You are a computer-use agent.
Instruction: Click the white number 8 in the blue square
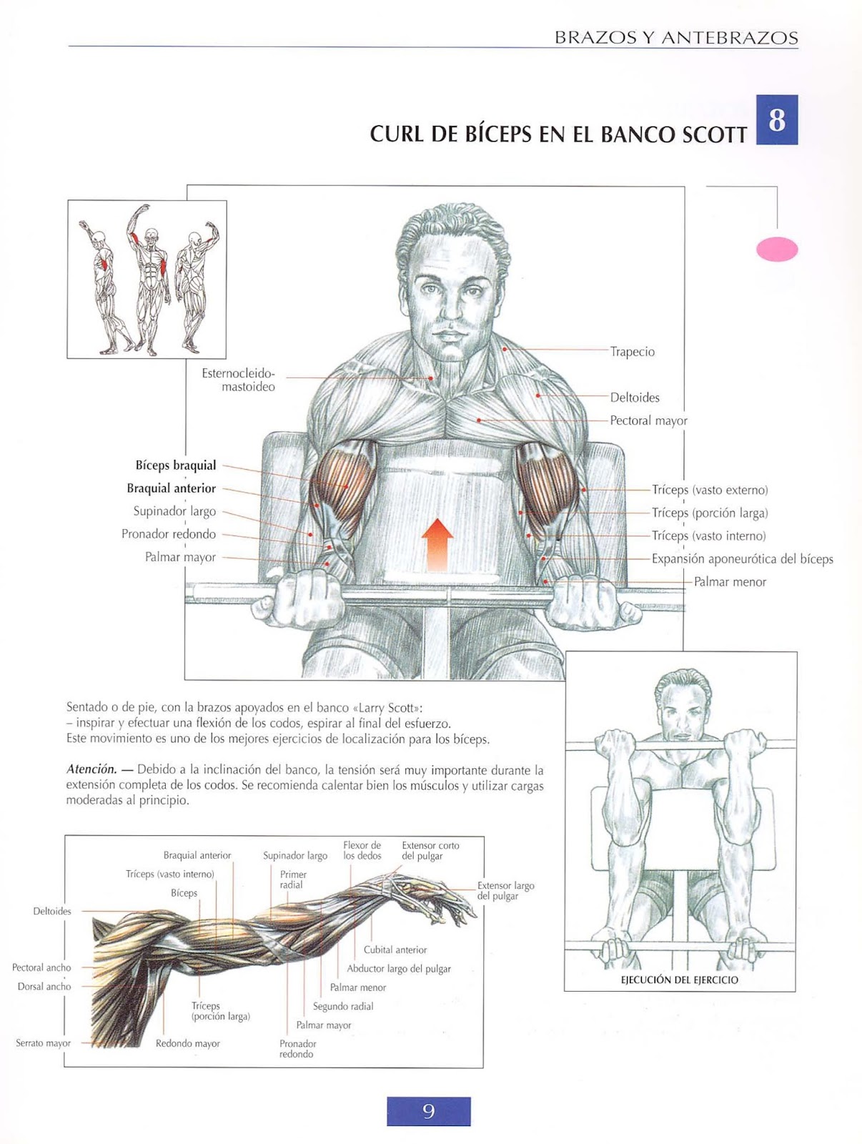776,120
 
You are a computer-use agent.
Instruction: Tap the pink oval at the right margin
776,249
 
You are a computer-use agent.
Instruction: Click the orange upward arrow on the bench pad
437,545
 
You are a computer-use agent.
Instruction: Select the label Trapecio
633,352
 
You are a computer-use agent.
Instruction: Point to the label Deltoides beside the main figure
635,398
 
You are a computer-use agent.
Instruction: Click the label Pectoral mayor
648,420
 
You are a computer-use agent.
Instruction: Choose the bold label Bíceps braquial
176,465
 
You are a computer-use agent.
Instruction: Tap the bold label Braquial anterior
172,488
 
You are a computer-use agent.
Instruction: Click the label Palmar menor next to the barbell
730,582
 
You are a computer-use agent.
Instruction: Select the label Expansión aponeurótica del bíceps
742,559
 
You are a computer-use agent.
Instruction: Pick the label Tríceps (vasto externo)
710,490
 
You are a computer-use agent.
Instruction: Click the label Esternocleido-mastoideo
239,380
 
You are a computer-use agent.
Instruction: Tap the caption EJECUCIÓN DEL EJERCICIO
679,980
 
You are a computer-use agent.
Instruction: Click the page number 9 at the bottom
428,1111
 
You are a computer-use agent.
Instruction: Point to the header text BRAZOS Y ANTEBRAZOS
676,38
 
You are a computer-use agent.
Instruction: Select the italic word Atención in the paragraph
91,769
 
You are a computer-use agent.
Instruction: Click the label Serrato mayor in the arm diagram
43,1043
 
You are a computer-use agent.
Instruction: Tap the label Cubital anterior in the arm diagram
395,950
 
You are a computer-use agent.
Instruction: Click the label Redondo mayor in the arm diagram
187,1043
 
